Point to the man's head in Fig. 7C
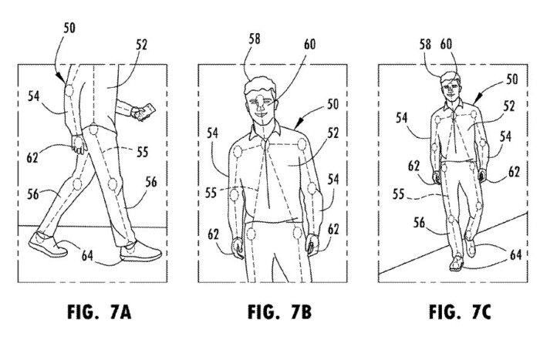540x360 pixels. tap(450, 84)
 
